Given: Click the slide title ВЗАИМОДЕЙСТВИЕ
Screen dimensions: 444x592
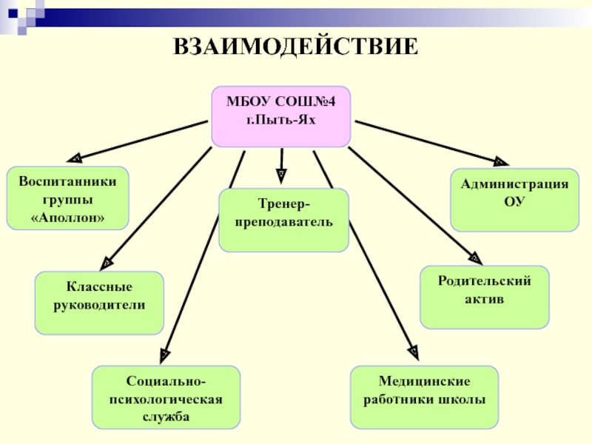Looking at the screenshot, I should [x=296, y=48].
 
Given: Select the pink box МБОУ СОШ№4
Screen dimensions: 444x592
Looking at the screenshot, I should [x=280, y=116].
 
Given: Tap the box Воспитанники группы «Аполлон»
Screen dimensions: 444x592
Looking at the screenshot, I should [x=67, y=198].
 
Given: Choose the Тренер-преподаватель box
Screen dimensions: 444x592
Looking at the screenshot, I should [x=283, y=220].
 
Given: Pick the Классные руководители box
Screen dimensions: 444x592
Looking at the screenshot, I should [x=99, y=302].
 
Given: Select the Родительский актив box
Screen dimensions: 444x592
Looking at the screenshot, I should [x=484, y=297].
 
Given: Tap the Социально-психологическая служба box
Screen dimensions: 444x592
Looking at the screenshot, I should [x=166, y=397].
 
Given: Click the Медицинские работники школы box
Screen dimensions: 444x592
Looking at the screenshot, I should [x=424, y=397].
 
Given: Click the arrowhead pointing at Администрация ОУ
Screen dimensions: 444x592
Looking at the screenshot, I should [x=500, y=161].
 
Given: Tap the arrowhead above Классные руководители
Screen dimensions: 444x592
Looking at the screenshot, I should [x=107, y=260].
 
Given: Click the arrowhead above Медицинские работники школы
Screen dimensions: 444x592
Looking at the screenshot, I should [x=413, y=350].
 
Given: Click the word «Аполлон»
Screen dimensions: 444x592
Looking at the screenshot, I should [x=67, y=218].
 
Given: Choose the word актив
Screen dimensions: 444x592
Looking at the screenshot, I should [x=485, y=301].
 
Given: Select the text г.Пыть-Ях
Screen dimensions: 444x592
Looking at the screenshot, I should [x=280, y=119].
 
